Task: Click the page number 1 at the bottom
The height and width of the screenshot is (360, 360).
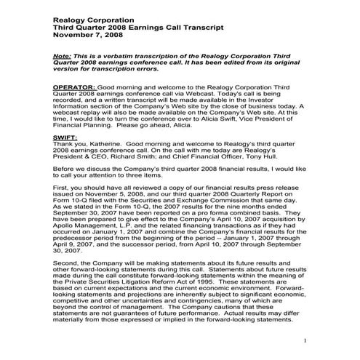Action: click(x=306, y=341)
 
